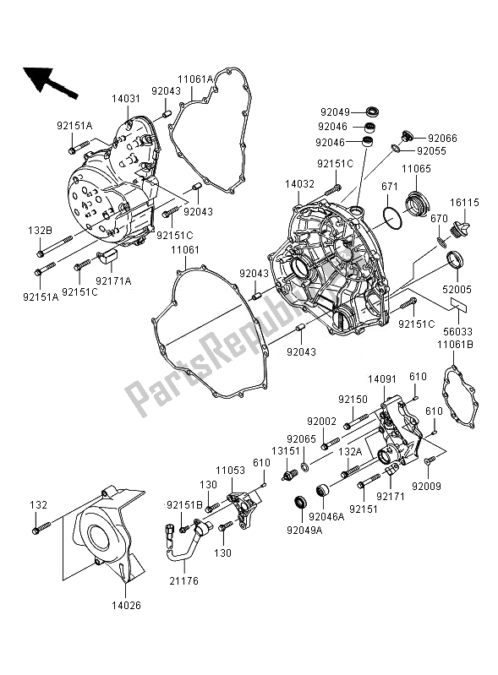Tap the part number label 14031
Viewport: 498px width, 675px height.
[x=125, y=100]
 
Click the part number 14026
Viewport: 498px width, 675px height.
[x=126, y=604]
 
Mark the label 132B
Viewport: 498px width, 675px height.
[x=40, y=229]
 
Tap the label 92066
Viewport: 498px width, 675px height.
[x=442, y=137]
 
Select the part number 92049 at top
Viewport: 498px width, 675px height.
[x=336, y=110]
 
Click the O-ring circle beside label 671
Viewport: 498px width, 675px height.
[x=391, y=218]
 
